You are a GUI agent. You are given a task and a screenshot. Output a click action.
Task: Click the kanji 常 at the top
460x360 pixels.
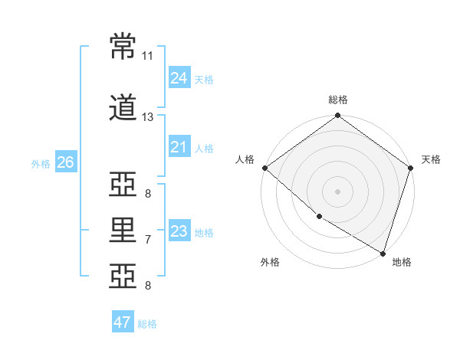(x=123, y=45)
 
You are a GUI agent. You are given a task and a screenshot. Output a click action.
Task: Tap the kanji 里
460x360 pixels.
(x=123, y=229)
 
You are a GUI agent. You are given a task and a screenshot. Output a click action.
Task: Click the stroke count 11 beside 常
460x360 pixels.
(x=148, y=56)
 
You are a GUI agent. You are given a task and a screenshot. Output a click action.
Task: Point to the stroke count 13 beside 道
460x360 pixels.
(x=148, y=117)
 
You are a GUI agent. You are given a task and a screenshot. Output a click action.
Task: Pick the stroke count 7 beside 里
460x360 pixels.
(x=148, y=240)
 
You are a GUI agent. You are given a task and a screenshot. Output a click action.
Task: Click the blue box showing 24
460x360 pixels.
(x=179, y=78)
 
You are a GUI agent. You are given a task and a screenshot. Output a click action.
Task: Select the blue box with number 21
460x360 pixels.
(x=179, y=147)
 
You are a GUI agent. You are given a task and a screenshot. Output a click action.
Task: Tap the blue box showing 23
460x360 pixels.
(x=179, y=231)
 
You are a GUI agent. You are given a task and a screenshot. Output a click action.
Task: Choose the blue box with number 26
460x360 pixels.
(x=65, y=162)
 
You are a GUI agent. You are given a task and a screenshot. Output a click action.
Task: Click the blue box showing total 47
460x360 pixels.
(x=122, y=322)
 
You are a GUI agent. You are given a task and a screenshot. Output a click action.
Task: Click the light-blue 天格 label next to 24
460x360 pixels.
(x=204, y=79)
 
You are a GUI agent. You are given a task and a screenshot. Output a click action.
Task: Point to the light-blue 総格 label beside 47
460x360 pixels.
(x=147, y=324)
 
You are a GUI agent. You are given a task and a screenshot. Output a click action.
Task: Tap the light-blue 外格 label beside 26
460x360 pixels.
(x=41, y=163)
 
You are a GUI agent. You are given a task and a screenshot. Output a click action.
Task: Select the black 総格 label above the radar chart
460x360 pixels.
(x=338, y=100)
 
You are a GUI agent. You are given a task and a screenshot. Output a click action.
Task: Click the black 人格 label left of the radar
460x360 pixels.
(x=245, y=159)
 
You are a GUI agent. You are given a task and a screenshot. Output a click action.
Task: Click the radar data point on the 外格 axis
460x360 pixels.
(x=318, y=218)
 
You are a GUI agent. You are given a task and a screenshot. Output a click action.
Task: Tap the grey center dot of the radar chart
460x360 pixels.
(x=337, y=191)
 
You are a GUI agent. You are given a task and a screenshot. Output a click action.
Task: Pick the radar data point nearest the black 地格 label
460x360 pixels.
(x=383, y=253)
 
